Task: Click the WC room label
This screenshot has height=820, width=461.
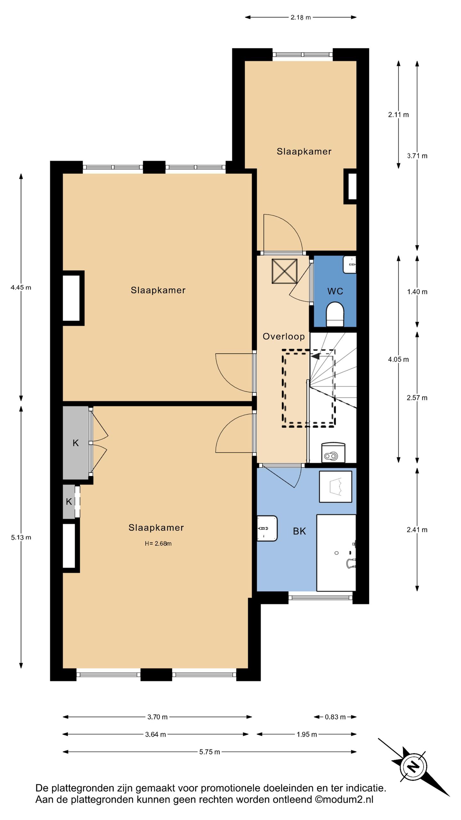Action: click(335, 291)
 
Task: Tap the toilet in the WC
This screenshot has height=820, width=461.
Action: click(335, 314)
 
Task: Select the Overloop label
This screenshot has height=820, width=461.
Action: click(284, 336)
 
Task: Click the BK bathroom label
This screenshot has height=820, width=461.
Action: click(299, 531)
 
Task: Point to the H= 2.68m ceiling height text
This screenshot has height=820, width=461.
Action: click(158, 544)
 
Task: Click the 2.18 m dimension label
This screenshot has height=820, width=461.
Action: click(301, 17)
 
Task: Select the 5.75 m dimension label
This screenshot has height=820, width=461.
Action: click(209, 752)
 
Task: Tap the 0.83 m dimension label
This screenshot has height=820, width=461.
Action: click(335, 717)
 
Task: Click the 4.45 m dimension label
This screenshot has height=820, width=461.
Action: click(21, 287)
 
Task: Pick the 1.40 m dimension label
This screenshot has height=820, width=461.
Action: click(417, 292)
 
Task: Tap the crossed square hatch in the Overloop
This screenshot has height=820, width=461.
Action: click(284, 271)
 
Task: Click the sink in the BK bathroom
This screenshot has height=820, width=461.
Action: click(267, 528)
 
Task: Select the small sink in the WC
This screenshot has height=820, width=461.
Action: click(350, 265)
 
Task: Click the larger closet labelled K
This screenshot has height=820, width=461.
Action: click(76, 443)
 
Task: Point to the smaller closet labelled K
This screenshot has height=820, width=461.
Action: click(69, 502)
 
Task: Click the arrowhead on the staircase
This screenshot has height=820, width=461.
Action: click(315, 356)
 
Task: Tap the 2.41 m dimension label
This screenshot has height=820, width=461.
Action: click(417, 530)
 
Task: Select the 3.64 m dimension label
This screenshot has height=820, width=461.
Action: click(156, 734)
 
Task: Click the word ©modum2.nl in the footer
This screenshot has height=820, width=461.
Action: click(344, 799)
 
